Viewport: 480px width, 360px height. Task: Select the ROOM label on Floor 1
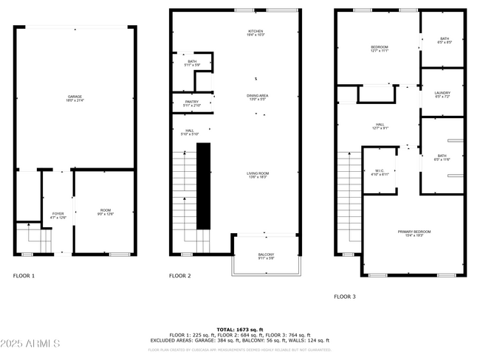[x=106, y=212]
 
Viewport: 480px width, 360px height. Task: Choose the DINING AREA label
[x=257, y=97]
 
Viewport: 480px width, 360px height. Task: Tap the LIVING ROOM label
[x=258, y=175]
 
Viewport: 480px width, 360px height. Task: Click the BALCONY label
[x=266, y=255]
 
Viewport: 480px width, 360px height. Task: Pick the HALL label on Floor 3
[x=380, y=126]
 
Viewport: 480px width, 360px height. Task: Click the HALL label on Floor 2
[x=190, y=132]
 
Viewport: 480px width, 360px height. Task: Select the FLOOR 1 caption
[x=24, y=276]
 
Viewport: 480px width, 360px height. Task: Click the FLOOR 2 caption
[x=179, y=276]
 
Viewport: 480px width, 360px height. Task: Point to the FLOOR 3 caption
[x=344, y=296]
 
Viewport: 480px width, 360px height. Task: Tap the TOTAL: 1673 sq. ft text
[x=240, y=329]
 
